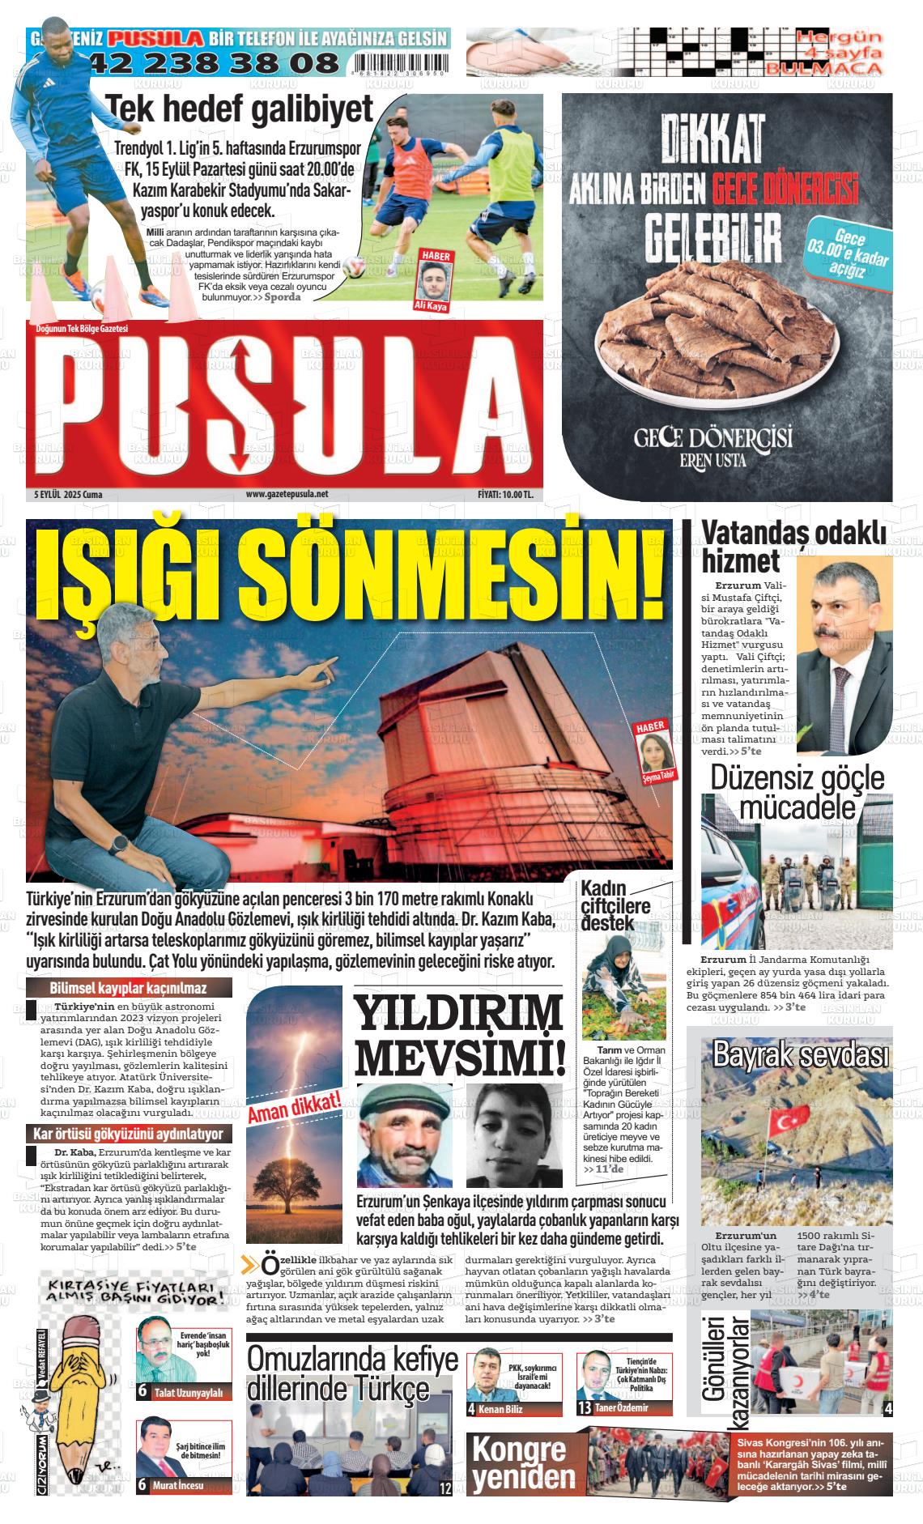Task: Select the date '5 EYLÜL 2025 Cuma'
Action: (68, 494)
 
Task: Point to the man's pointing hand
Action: (324, 669)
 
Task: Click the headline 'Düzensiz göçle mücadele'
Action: (797, 793)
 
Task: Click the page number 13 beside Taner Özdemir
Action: (584, 1408)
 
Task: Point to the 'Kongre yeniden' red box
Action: (525, 1463)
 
